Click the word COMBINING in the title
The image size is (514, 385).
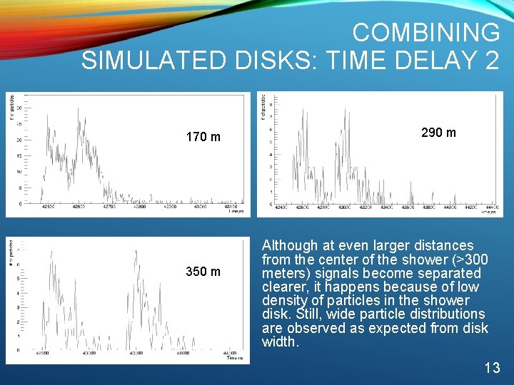coord(426,32)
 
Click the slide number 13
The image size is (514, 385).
coord(492,368)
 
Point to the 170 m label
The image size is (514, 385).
coord(203,137)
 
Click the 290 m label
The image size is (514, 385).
coord(438,133)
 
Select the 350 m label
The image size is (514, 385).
coord(203,272)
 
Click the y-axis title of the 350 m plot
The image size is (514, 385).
coord(11,253)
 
